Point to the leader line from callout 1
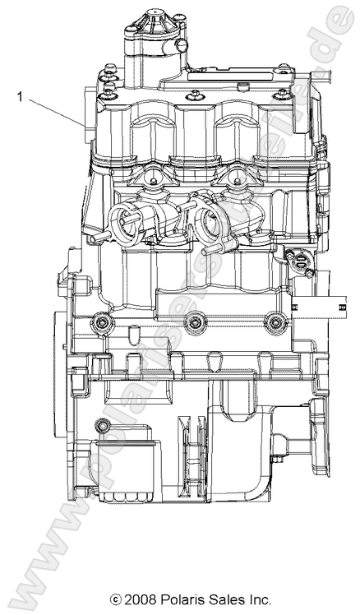coord(56,111)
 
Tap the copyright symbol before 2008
coord(116,599)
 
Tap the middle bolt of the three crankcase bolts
coord(195,324)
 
